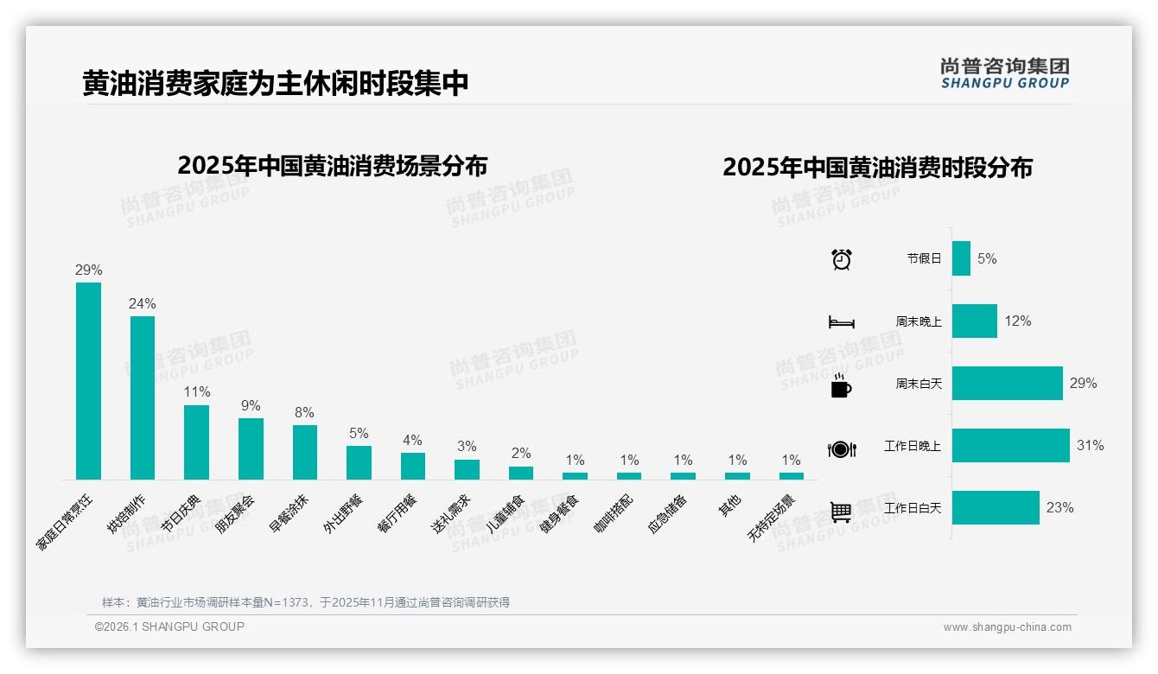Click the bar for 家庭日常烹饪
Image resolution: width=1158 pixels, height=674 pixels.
coord(88,380)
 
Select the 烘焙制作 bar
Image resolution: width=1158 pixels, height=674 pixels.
coord(143,397)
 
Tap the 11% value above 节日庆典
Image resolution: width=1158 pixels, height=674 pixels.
coord(197,392)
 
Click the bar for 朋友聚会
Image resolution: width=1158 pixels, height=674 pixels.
coord(251,448)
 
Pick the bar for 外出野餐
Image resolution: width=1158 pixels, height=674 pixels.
coord(359,462)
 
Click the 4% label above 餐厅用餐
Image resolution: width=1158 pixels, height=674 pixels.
coord(412,440)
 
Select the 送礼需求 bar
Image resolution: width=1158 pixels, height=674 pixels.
coord(467,469)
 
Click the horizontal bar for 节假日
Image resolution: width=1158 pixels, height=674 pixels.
coord(961,258)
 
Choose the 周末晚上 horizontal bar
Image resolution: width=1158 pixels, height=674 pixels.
coord(974,321)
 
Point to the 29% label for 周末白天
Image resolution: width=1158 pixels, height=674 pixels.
coord(1083,383)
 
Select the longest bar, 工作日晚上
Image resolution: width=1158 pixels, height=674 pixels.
coord(1010,446)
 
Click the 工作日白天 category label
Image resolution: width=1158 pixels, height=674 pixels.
coord(912,508)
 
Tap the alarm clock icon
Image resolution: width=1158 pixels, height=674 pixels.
coord(841,258)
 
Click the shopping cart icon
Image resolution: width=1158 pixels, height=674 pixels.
coord(841,512)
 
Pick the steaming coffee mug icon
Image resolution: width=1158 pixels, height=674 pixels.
coord(841,385)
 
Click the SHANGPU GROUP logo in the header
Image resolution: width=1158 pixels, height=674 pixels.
coord(1004,73)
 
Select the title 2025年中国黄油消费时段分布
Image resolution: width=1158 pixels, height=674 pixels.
coord(877,167)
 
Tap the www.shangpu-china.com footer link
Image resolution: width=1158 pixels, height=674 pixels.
coord(1007,627)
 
